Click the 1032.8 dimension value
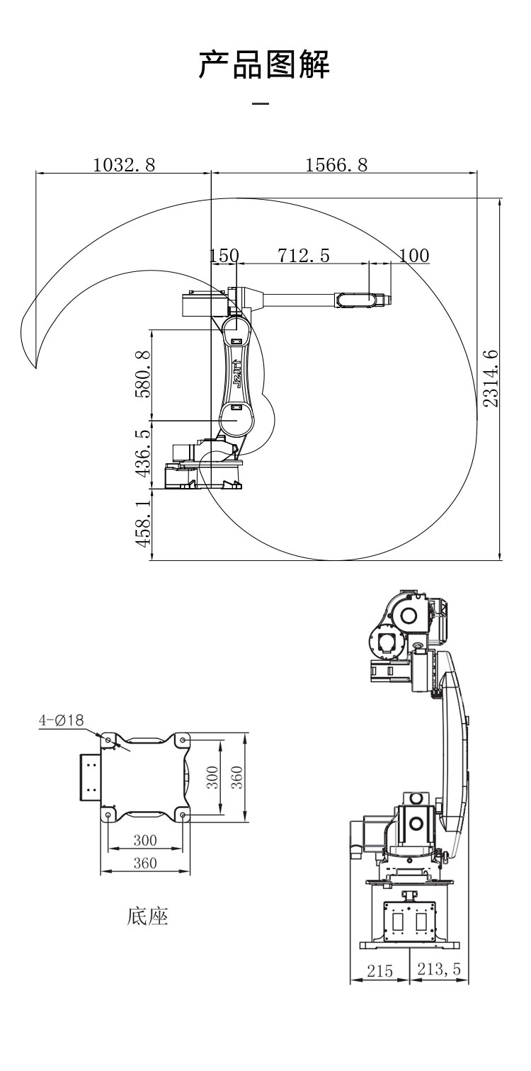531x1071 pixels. [124, 165]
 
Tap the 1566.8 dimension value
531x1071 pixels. [336, 165]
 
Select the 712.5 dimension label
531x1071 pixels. [304, 255]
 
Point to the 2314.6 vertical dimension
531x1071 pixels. [491, 378]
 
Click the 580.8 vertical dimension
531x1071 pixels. [143, 375]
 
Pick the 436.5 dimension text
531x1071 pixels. [143, 453]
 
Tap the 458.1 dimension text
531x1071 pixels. [143, 524]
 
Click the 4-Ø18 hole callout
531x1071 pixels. [61, 720]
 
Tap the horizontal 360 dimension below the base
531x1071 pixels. [145, 863]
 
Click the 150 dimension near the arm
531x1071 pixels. [224, 255]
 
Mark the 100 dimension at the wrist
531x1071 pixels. [414, 255]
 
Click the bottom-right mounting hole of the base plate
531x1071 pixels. [183, 814]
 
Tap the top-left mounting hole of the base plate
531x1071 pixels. [108, 739]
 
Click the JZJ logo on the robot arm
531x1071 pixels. [236, 374]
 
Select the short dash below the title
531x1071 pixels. [261, 103]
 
